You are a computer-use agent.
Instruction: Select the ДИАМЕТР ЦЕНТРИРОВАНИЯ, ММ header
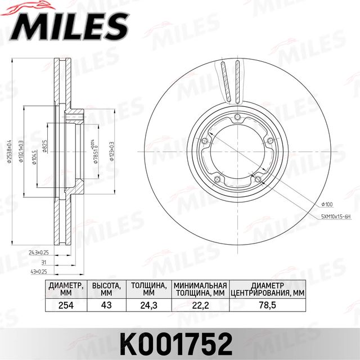pyautogui.click(x=271, y=289)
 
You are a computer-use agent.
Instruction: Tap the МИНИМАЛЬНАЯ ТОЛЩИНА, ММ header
pyautogui.click(x=200, y=289)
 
